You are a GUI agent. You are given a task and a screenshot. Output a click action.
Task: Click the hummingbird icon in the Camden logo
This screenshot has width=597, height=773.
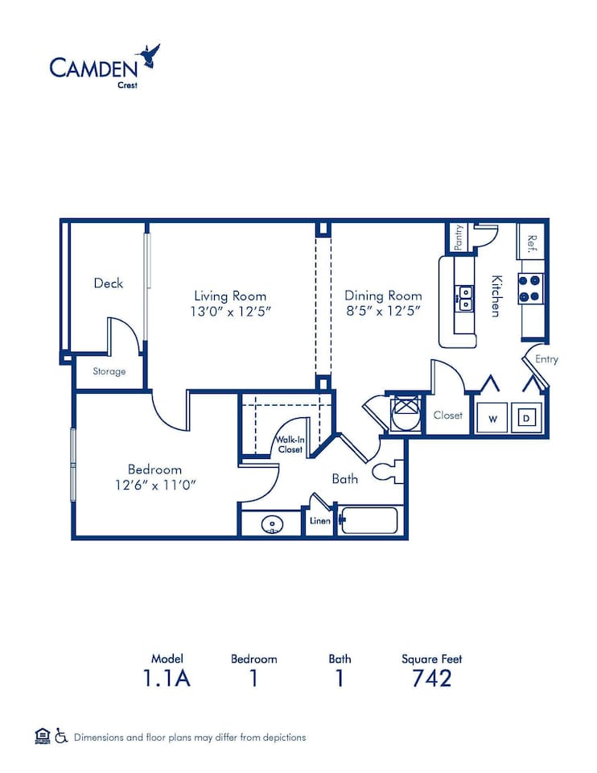coord(149,56)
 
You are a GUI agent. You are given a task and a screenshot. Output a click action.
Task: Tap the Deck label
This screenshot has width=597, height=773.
coord(108,283)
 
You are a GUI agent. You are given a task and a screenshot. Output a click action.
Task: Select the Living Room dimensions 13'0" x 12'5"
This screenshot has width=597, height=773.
coord(230,312)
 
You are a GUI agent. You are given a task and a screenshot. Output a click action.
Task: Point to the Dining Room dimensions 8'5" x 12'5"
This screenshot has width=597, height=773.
coord(383,312)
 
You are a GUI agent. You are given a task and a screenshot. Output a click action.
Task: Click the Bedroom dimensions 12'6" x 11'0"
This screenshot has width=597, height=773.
coord(154,485)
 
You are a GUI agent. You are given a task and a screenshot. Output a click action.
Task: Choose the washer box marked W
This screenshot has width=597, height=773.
coord(491,418)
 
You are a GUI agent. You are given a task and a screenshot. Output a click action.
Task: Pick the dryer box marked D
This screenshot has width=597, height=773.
coord(526,418)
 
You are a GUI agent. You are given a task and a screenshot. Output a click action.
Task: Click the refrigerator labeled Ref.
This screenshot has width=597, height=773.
coord(531,242)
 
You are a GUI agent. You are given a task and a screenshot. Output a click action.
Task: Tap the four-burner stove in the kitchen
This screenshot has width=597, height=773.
coord(530,287)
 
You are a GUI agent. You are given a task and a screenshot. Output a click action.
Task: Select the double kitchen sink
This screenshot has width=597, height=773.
coord(464,298)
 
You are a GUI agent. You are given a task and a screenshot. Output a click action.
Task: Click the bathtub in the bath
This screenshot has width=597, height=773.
coord(369,521)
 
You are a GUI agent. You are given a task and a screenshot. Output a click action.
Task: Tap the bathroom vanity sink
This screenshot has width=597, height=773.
coord(273,526)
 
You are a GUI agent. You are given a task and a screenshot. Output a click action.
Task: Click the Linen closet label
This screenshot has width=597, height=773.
coord(319,521)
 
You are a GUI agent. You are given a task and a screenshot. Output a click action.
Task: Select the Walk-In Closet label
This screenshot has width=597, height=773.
coord(290,444)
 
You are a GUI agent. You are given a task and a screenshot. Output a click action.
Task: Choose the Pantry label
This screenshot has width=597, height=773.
coord(458,237)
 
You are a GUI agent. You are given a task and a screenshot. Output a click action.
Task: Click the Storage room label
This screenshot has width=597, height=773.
coord(109,371)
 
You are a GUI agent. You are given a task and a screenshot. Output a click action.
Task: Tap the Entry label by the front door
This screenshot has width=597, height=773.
coord(546,359)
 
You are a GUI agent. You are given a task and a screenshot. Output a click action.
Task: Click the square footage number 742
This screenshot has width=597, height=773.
coord(431,678)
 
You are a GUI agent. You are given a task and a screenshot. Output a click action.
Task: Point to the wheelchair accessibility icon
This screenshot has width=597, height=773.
coord(61,735)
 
